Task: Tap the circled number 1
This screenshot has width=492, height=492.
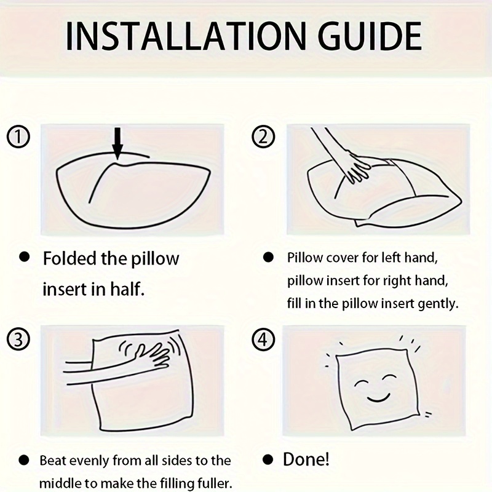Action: coord(18,137)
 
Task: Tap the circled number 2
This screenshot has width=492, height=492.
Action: coord(264,137)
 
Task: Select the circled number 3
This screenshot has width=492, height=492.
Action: coord(18,339)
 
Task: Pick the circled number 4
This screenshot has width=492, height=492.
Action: coord(264,339)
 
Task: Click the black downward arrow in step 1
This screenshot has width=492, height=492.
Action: coord(117,143)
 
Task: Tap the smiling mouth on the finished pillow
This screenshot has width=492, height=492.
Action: coord(378,399)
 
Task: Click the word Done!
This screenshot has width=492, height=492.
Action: coord(306,459)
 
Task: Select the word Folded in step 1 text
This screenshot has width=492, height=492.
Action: coord(69,258)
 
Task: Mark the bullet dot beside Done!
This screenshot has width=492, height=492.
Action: coord(268,460)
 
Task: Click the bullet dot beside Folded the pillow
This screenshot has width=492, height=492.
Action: coord(24,256)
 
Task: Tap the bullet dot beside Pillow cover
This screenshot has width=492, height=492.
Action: coord(268,257)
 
